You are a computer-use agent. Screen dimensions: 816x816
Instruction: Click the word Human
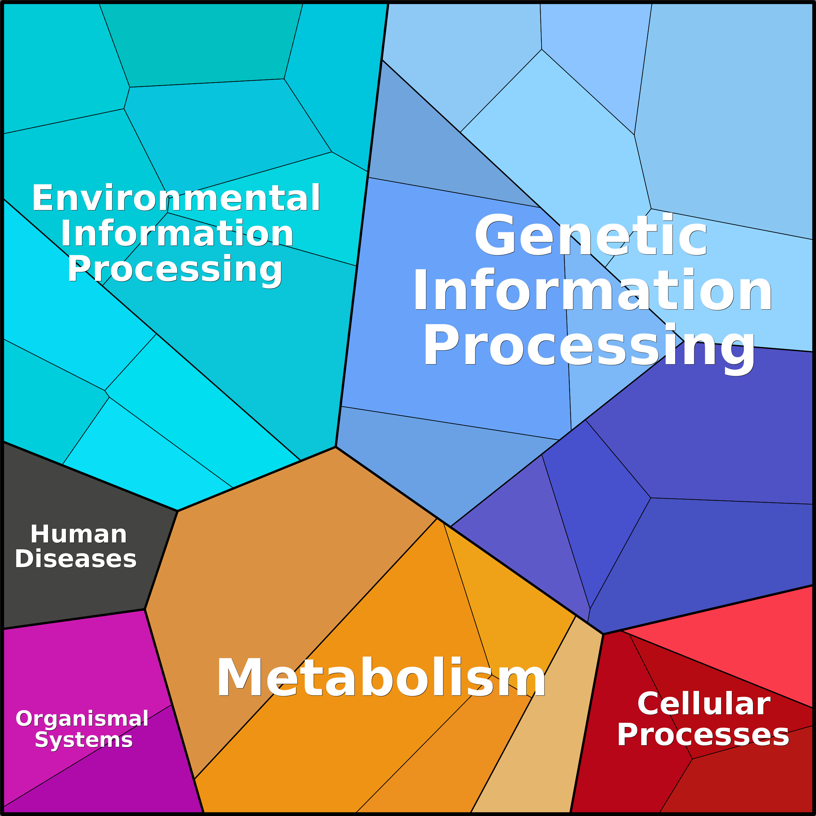tap(79, 534)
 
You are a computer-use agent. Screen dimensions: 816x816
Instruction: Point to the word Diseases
tap(76, 559)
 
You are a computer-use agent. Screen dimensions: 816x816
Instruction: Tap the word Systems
tap(83, 740)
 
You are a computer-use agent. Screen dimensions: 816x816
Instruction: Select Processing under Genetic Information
tap(589, 346)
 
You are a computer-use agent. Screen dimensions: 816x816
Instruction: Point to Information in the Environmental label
tap(177, 233)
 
